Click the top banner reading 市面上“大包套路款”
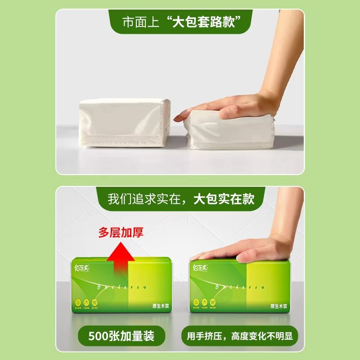180,22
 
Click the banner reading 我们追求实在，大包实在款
180,198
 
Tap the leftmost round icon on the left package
77,302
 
